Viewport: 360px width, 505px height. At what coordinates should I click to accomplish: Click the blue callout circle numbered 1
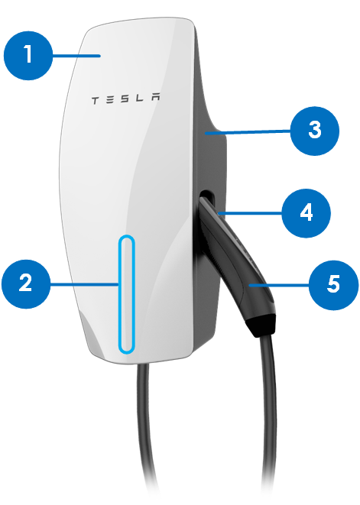click(28, 56)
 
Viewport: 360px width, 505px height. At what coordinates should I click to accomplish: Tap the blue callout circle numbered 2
click(26, 284)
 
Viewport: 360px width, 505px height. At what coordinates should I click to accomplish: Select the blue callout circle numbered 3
click(315, 131)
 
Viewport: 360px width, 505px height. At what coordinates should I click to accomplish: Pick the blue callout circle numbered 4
click(306, 213)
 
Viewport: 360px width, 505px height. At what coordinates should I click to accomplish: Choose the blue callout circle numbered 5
click(333, 285)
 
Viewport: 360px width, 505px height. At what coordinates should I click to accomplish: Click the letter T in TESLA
click(96, 101)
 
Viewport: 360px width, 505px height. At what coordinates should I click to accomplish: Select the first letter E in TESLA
click(110, 100)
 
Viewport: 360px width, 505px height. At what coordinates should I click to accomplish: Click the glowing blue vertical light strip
click(126, 294)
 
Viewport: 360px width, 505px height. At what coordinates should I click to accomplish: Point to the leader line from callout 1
click(76, 56)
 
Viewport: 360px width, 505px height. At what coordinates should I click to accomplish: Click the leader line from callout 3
click(248, 131)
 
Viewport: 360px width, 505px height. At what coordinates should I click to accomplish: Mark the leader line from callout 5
click(279, 285)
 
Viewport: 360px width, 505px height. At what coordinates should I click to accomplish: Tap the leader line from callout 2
click(84, 284)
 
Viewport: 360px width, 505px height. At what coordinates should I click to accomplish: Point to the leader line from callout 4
click(250, 213)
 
